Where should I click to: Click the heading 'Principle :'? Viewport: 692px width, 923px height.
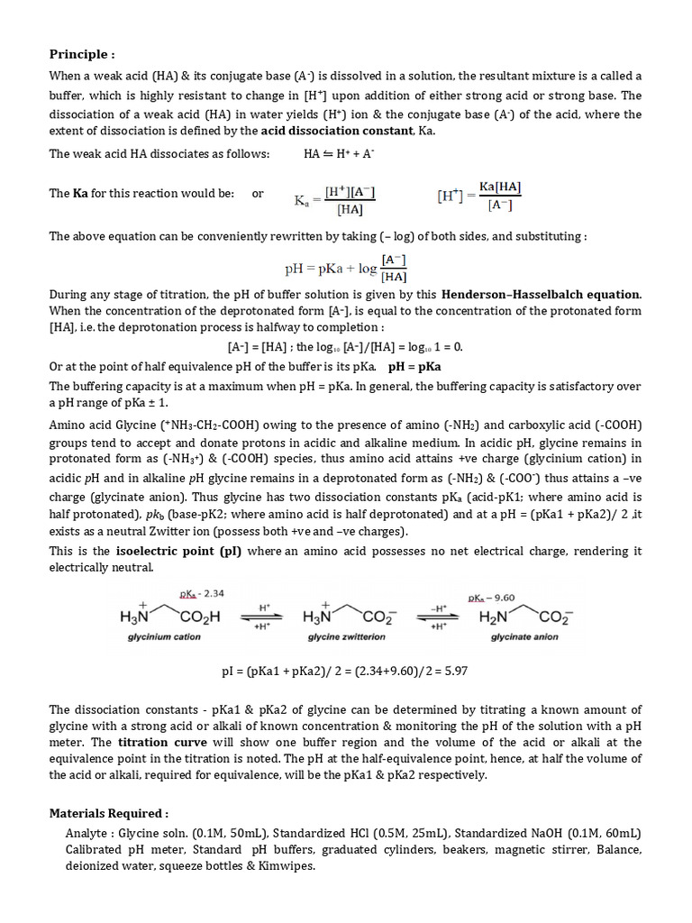coord(82,54)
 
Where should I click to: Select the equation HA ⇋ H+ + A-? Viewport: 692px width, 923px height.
coord(339,154)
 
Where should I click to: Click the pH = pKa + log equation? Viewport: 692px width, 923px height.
coord(346,268)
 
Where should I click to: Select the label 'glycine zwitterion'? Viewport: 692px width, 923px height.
coord(346,636)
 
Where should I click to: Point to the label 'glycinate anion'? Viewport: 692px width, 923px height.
coord(524,636)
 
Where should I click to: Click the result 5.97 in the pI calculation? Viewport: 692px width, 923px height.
coord(453,672)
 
